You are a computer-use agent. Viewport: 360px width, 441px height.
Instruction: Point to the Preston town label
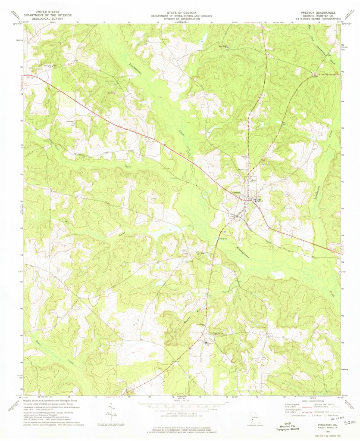tap(236, 193)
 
